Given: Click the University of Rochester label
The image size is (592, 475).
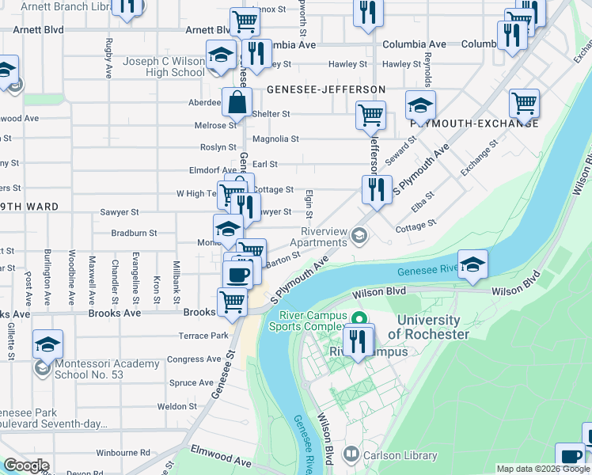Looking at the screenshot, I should (428, 327).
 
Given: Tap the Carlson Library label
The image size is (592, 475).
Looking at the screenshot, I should (400, 455).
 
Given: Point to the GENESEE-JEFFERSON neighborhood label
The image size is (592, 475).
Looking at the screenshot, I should (325, 89).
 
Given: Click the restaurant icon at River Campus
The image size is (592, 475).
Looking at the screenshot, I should (359, 340).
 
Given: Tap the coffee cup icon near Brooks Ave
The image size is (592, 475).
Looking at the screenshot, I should (237, 275).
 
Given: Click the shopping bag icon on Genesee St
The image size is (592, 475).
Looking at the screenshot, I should (237, 102).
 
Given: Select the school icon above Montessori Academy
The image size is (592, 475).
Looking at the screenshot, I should (47, 345).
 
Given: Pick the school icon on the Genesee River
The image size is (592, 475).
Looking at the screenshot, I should (472, 264).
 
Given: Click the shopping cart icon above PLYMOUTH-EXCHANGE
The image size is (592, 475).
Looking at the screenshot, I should (524, 103).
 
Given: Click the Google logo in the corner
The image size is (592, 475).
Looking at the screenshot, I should (26, 465).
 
